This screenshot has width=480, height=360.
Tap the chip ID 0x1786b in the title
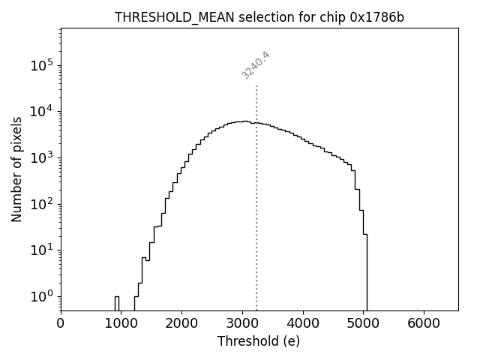376,17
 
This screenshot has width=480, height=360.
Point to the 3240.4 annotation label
256,65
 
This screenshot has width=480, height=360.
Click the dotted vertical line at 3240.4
256,195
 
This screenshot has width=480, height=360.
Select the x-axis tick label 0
61,323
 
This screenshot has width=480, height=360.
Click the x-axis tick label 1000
121,323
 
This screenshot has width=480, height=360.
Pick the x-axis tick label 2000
181,323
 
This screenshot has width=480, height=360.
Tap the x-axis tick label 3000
242,323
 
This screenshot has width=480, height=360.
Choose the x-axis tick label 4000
303,323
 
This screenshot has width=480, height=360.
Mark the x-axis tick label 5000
363,323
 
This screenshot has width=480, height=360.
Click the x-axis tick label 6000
424,323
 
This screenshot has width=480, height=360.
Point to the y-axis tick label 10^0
40,296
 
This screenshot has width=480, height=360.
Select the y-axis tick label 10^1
40,250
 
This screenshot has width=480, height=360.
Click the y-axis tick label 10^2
40,204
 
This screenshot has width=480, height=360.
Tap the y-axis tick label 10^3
40,157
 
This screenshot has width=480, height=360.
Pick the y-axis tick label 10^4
40,112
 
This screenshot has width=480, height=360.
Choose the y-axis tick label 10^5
40,65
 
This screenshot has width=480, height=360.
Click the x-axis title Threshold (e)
259,341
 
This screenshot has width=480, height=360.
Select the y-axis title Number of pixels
16,169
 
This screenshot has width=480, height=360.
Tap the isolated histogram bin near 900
117,303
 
